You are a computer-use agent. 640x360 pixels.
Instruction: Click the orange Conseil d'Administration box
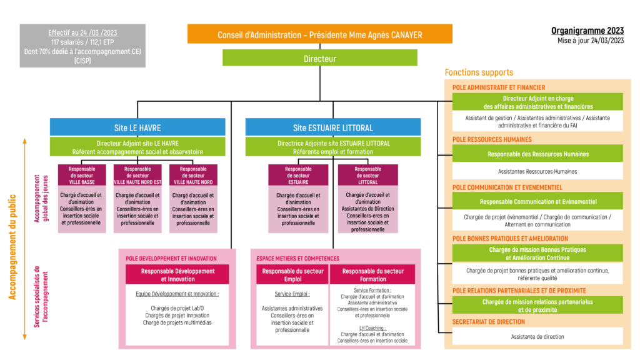pos(319,34)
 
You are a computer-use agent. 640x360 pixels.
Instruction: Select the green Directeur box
pos(319,58)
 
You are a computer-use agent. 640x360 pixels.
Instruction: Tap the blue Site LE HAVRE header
pos(137,127)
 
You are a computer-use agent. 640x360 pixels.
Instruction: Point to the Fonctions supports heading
pos(479,72)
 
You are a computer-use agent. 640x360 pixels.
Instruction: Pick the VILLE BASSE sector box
pos(81,199)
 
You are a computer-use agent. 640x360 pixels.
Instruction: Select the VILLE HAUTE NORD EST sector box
pos(137,199)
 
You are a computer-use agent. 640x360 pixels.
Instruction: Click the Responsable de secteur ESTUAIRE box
pos(298,199)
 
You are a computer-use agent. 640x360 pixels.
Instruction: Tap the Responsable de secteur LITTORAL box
pos(367,199)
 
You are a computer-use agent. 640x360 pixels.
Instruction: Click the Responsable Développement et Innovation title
pos(177,275)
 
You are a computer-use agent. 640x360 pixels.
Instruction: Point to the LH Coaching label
pos(372,327)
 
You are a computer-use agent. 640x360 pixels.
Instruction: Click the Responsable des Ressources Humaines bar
pos(537,154)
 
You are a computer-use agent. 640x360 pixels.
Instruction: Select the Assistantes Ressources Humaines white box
pos(537,171)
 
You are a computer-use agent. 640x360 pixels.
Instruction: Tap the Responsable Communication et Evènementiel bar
pos(537,201)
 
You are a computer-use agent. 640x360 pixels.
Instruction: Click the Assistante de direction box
pos(537,336)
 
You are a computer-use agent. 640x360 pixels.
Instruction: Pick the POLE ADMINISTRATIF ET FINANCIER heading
pos(499,87)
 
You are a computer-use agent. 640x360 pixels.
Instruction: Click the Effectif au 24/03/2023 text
pos(83,32)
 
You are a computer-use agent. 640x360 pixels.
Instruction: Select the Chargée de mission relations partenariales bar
pos(537,306)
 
